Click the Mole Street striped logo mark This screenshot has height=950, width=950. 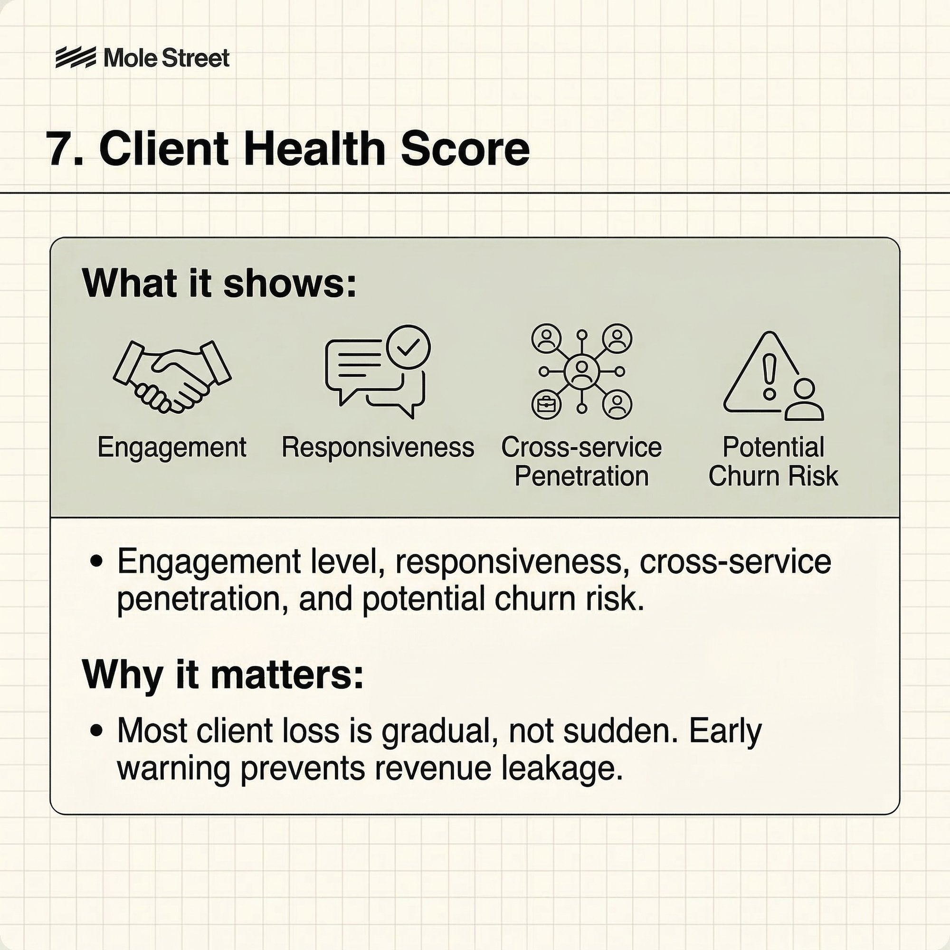click(75, 58)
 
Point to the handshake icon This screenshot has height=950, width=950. click(172, 376)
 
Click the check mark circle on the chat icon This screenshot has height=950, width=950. click(408, 347)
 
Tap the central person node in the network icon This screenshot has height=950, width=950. click(582, 371)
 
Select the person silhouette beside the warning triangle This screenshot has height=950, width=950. click(804, 400)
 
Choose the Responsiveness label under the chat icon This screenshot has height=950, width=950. click(378, 448)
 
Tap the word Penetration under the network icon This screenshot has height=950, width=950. click(582, 476)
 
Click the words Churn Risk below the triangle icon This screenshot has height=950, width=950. click(773, 476)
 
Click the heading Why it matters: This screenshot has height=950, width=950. click(223, 674)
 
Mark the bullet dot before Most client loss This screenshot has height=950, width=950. click(97, 731)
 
